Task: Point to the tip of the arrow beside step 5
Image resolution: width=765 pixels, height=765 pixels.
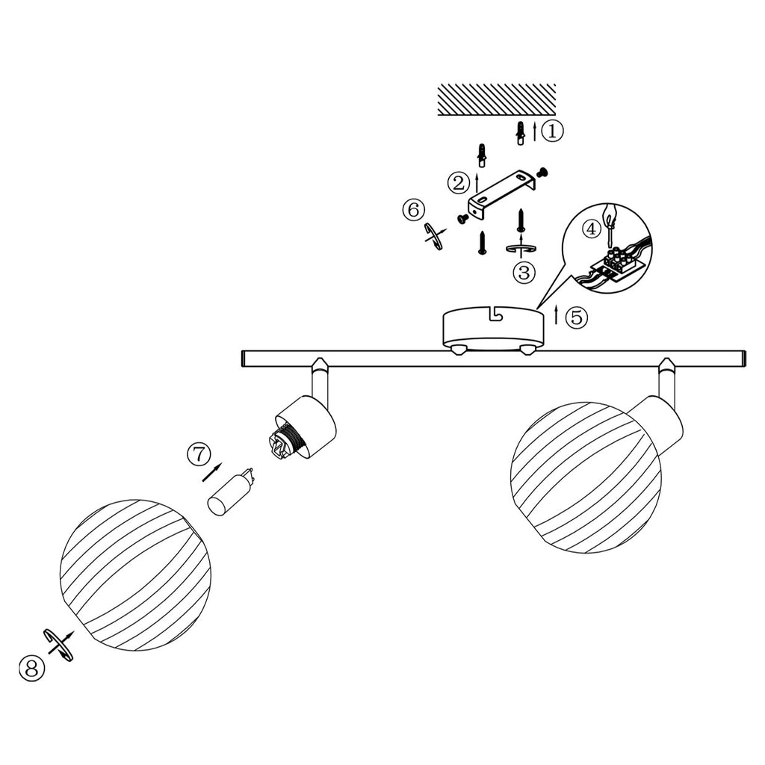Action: click(556, 306)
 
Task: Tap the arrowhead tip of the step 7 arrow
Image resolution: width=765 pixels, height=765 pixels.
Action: click(222, 463)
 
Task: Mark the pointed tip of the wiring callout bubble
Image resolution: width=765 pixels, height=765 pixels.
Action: click(536, 309)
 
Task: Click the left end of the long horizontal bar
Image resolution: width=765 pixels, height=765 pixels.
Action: click(242, 359)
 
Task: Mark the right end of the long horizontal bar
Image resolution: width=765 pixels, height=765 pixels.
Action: click(745, 359)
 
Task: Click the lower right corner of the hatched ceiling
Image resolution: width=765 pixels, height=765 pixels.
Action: click(555, 115)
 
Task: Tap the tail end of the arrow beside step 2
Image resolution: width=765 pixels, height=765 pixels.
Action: click(477, 193)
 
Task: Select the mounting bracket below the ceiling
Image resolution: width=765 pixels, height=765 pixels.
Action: click(503, 194)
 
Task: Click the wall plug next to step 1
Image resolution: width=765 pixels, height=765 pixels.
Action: click(521, 132)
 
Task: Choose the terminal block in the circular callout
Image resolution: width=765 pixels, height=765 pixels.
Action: click(618, 264)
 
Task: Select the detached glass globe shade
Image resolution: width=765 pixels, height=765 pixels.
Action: click(136, 574)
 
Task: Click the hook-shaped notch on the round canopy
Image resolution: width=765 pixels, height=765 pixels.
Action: click(496, 314)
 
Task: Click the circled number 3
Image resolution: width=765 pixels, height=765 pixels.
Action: click(524, 273)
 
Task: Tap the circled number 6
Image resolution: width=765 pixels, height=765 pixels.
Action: click(414, 210)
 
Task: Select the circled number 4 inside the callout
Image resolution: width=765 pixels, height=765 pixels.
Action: click(592, 229)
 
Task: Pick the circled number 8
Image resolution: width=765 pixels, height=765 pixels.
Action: click(31, 669)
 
